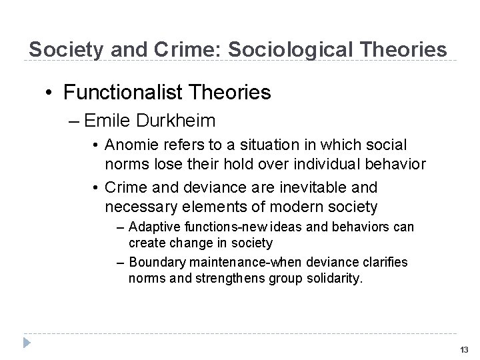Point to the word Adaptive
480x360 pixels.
click(153, 227)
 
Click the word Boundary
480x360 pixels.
click(156, 262)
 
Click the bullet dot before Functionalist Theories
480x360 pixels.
click(49, 92)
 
